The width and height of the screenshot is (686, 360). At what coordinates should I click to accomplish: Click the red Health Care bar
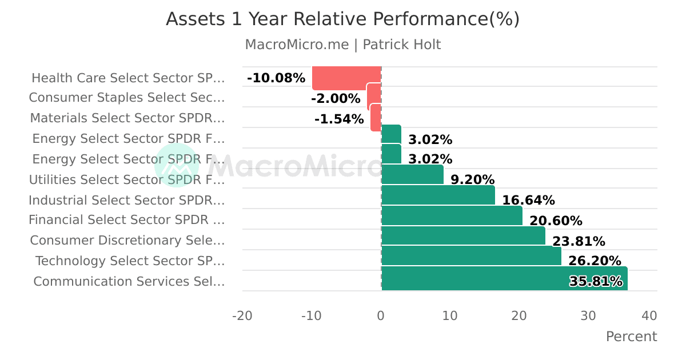point(346,78)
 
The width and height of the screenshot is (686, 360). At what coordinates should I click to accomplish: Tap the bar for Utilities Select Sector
point(412,175)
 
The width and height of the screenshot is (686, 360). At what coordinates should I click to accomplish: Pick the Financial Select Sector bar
point(452,215)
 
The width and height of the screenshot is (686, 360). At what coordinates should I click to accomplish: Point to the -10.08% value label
point(276,78)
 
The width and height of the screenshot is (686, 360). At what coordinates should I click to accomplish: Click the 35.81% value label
point(596,281)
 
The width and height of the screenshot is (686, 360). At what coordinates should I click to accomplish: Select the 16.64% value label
point(528,200)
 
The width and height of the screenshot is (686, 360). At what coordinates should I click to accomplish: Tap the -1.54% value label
point(339,119)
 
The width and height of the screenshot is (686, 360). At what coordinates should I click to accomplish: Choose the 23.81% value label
point(579,241)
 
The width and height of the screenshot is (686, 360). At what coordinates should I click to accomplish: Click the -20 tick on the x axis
point(242,315)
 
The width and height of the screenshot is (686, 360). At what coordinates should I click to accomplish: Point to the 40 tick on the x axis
point(649,315)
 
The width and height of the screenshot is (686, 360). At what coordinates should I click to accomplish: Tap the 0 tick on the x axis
point(381,315)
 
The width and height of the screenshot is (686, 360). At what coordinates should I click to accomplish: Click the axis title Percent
point(631,336)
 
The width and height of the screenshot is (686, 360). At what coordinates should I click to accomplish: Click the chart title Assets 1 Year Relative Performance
point(343,19)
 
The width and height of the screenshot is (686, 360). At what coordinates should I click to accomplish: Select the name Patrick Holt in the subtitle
point(402,45)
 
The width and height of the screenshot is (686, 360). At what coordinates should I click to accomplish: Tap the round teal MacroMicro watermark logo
point(177,165)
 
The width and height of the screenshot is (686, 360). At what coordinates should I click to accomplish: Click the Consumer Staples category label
point(127,98)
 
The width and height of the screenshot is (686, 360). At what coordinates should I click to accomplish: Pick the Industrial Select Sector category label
point(127,200)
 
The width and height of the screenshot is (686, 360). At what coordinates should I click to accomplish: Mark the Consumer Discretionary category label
point(127,241)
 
